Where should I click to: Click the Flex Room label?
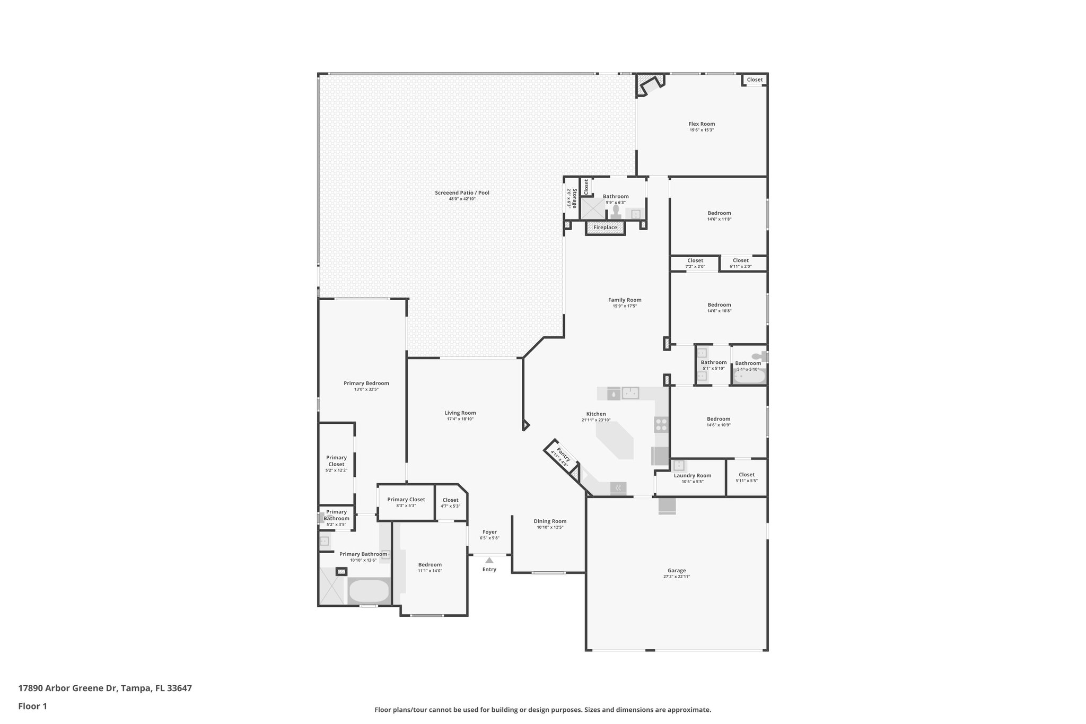[702, 124]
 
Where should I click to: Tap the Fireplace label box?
[605, 228]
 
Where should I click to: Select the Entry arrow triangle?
[489, 560]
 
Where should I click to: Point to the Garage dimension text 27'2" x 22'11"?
[677, 577]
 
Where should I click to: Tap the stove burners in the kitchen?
[661, 424]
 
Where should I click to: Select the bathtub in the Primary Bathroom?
[369, 591]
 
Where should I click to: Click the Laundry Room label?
[692, 476]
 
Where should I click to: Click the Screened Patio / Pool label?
[462, 193]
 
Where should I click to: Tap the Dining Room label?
[550, 521]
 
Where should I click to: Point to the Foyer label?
[489, 532]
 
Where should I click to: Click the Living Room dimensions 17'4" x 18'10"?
[460, 419]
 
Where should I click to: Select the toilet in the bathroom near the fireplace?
[616, 212]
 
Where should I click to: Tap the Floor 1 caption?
[32, 706]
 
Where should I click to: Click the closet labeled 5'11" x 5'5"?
[746, 477]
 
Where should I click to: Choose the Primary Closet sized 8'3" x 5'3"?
[406, 502]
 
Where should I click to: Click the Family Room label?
[625, 300]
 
